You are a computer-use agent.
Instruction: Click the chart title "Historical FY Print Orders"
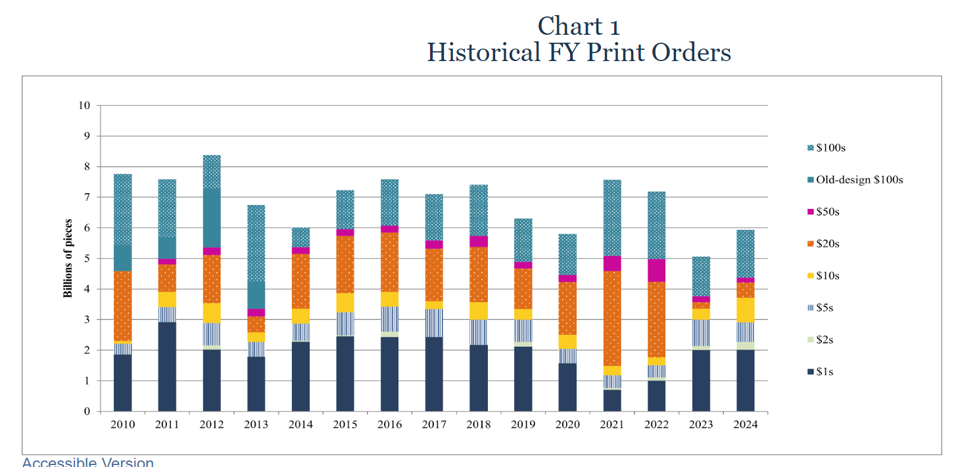tap(579, 53)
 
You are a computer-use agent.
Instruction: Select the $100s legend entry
tap(830, 148)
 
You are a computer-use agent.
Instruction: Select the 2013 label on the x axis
tap(256, 425)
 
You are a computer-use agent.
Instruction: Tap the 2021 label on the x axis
tap(611, 425)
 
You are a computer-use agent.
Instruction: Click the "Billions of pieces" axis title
tap(68, 259)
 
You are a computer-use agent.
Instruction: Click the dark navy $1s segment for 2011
tap(167, 367)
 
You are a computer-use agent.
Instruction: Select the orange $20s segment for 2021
tap(611, 319)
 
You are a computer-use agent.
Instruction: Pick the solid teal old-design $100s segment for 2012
tap(211, 218)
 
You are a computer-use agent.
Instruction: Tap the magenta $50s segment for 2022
tap(656, 270)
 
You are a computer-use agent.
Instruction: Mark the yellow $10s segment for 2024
tap(745, 310)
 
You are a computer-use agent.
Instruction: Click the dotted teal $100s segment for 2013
tap(256, 243)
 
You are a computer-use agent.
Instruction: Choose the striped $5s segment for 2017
tap(434, 322)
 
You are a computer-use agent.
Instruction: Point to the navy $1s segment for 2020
tap(567, 388)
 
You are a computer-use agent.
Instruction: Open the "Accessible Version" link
tap(88, 462)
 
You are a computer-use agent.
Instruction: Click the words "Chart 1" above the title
tap(579, 26)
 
